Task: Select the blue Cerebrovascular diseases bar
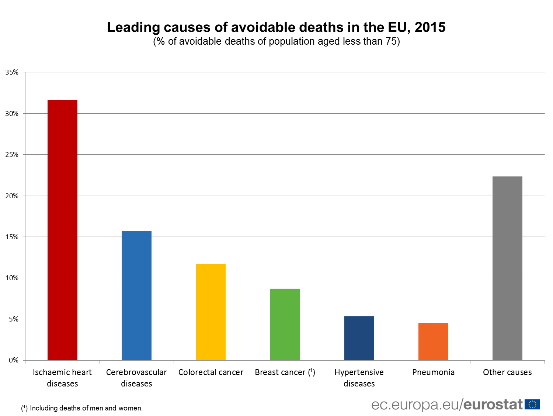click(x=136, y=295)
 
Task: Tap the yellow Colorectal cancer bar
click(x=211, y=312)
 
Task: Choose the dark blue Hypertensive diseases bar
click(x=359, y=338)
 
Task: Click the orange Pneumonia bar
click(x=433, y=341)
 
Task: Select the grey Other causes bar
click(x=507, y=268)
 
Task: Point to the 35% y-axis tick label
click(x=12, y=72)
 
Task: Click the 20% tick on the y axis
click(x=12, y=196)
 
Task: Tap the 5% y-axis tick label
click(x=13, y=319)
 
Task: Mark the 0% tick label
click(x=13, y=360)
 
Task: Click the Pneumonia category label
click(x=433, y=372)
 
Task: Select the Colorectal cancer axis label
click(x=211, y=372)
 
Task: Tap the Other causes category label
click(x=507, y=372)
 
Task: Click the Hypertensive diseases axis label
click(x=359, y=378)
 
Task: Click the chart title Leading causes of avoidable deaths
click(x=276, y=27)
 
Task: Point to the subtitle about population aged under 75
click(x=276, y=41)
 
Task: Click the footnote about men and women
click(x=82, y=408)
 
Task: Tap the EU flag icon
click(x=532, y=405)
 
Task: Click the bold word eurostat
click(x=493, y=405)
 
